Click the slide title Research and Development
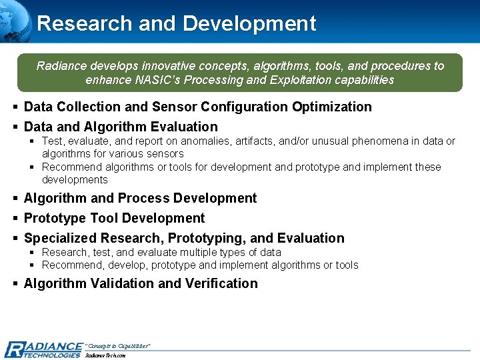pyautogui.click(x=177, y=23)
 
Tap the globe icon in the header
pyautogui.click(x=15, y=18)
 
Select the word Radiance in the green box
pyautogui.click(x=59, y=66)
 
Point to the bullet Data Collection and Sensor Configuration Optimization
pyautogui.click(x=197, y=107)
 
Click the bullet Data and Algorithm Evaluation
pyautogui.click(x=121, y=127)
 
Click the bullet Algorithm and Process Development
pyautogui.click(x=140, y=198)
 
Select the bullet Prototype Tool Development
pyautogui.click(x=114, y=218)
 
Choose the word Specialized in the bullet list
pyautogui.click(x=61, y=238)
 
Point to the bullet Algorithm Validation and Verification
pyautogui.click(x=141, y=283)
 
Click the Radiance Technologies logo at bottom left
pyautogui.click(x=43, y=349)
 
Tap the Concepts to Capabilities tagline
pyautogui.click(x=118, y=345)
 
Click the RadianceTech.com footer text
pyautogui.click(x=105, y=355)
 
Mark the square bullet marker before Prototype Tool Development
pyautogui.click(x=15, y=219)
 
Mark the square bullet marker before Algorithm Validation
pyautogui.click(x=15, y=284)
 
